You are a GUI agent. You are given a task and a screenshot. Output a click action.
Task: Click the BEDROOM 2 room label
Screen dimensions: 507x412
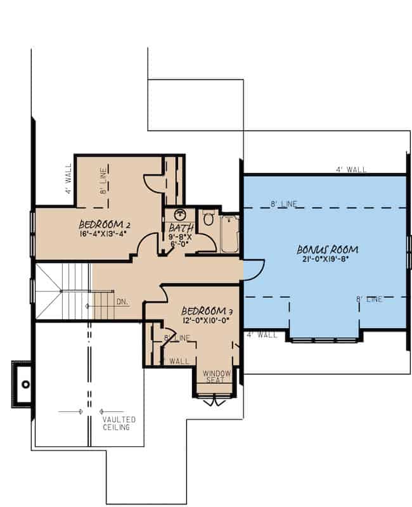point(105,224)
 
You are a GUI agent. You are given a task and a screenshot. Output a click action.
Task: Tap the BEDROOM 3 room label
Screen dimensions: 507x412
point(203,311)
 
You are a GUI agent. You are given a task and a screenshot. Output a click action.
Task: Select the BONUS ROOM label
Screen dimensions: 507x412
point(324,249)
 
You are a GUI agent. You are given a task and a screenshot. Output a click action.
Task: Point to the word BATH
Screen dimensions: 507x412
point(180,228)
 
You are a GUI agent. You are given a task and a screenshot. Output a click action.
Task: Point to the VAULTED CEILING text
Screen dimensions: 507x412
point(120,423)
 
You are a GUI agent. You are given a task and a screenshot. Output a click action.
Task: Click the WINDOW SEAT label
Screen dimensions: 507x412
point(217,378)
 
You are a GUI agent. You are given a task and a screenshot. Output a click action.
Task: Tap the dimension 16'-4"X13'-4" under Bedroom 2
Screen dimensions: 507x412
point(103,234)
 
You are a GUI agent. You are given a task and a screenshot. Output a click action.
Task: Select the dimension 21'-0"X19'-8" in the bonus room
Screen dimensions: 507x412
point(323,259)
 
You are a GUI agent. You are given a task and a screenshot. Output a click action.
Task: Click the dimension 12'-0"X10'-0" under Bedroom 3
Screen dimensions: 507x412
point(203,321)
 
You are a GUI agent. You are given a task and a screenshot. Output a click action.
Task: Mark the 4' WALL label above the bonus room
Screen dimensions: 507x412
point(351,169)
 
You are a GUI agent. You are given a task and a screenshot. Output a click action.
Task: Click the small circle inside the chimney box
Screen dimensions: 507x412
point(26,384)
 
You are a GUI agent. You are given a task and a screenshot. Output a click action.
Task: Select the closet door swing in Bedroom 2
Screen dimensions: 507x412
point(153,183)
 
